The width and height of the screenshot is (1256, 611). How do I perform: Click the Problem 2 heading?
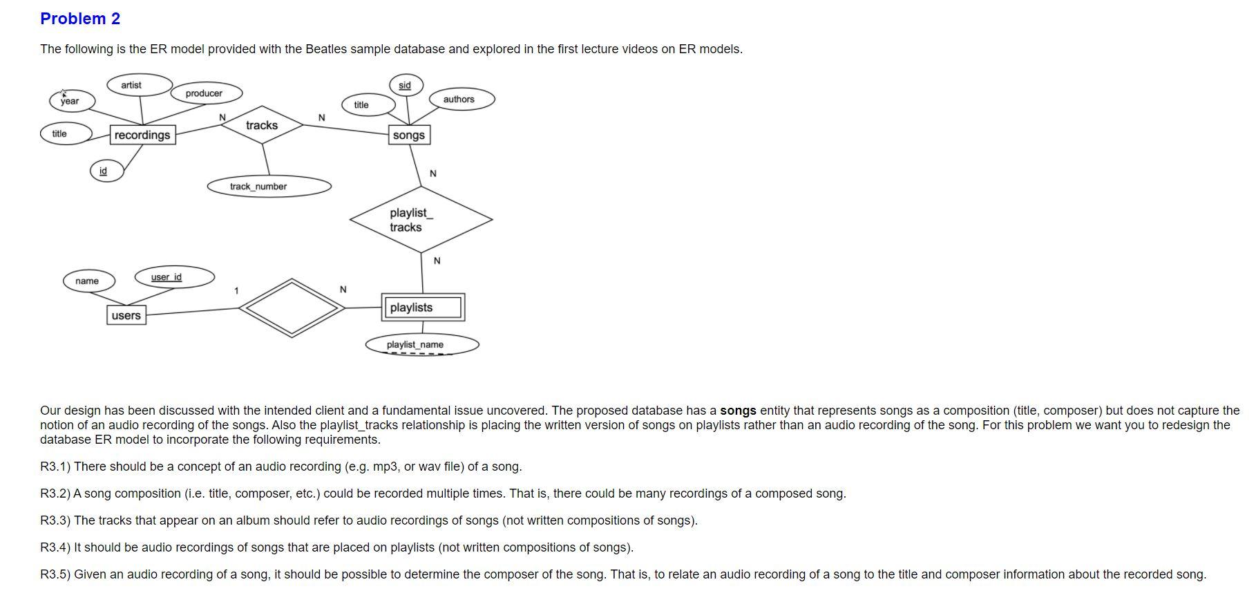[x=80, y=19]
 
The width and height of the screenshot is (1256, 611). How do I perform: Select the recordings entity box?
[x=142, y=135]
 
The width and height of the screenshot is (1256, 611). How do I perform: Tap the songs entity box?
[x=409, y=135]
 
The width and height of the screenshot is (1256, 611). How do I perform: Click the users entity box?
[x=126, y=315]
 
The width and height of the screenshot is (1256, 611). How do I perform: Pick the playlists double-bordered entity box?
[x=422, y=308]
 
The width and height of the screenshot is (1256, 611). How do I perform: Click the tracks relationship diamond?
[x=262, y=125]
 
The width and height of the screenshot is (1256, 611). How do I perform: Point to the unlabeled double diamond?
[x=292, y=308]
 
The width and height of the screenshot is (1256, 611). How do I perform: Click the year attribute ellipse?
[x=72, y=101]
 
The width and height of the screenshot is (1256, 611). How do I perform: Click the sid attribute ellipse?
[x=406, y=85]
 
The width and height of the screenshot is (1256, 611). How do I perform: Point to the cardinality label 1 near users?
[x=236, y=291]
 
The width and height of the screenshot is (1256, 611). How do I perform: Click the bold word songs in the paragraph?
[x=738, y=411]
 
